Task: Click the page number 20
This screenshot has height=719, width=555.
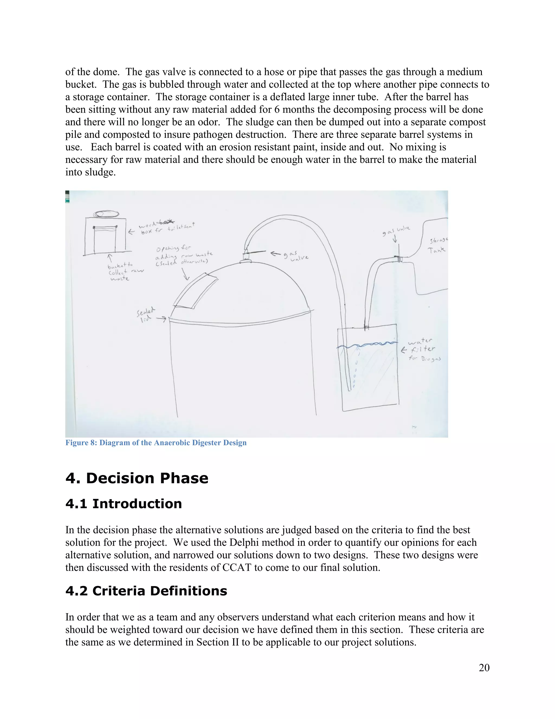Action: point(484,668)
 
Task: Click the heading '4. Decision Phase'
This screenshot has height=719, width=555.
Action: point(137,478)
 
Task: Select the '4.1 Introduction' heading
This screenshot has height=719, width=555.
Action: point(124,504)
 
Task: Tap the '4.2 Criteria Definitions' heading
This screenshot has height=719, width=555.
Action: point(146,591)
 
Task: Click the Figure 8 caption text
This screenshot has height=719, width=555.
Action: point(156,443)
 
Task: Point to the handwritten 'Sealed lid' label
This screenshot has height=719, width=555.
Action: point(145,315)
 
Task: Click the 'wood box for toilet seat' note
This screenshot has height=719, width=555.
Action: point(166,228)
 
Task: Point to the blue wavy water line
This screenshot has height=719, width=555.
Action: point(367,345)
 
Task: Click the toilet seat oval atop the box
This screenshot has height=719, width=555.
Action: point(106,214)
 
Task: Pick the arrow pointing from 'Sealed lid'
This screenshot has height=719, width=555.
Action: point(161,319)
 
